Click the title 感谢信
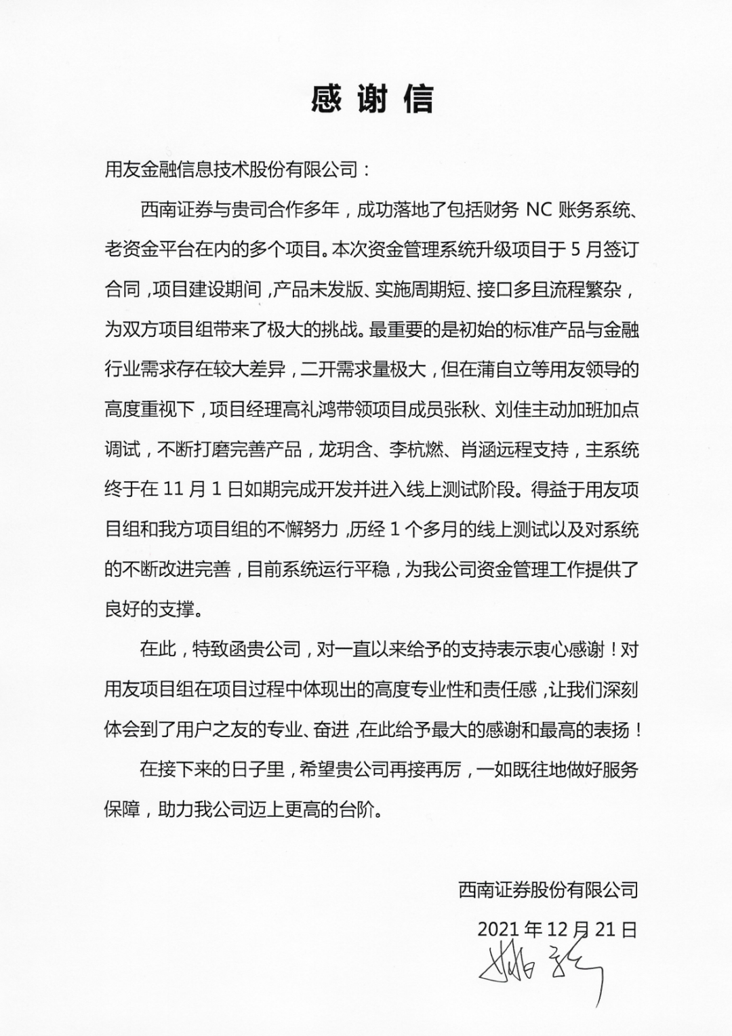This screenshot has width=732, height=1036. (371, 100)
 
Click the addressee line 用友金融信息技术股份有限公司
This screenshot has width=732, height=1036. (230, 170)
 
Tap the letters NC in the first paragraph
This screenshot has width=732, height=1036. (540, 210)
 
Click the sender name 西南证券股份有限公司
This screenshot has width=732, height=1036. (548, 889)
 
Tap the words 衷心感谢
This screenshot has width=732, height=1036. (568, 650)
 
